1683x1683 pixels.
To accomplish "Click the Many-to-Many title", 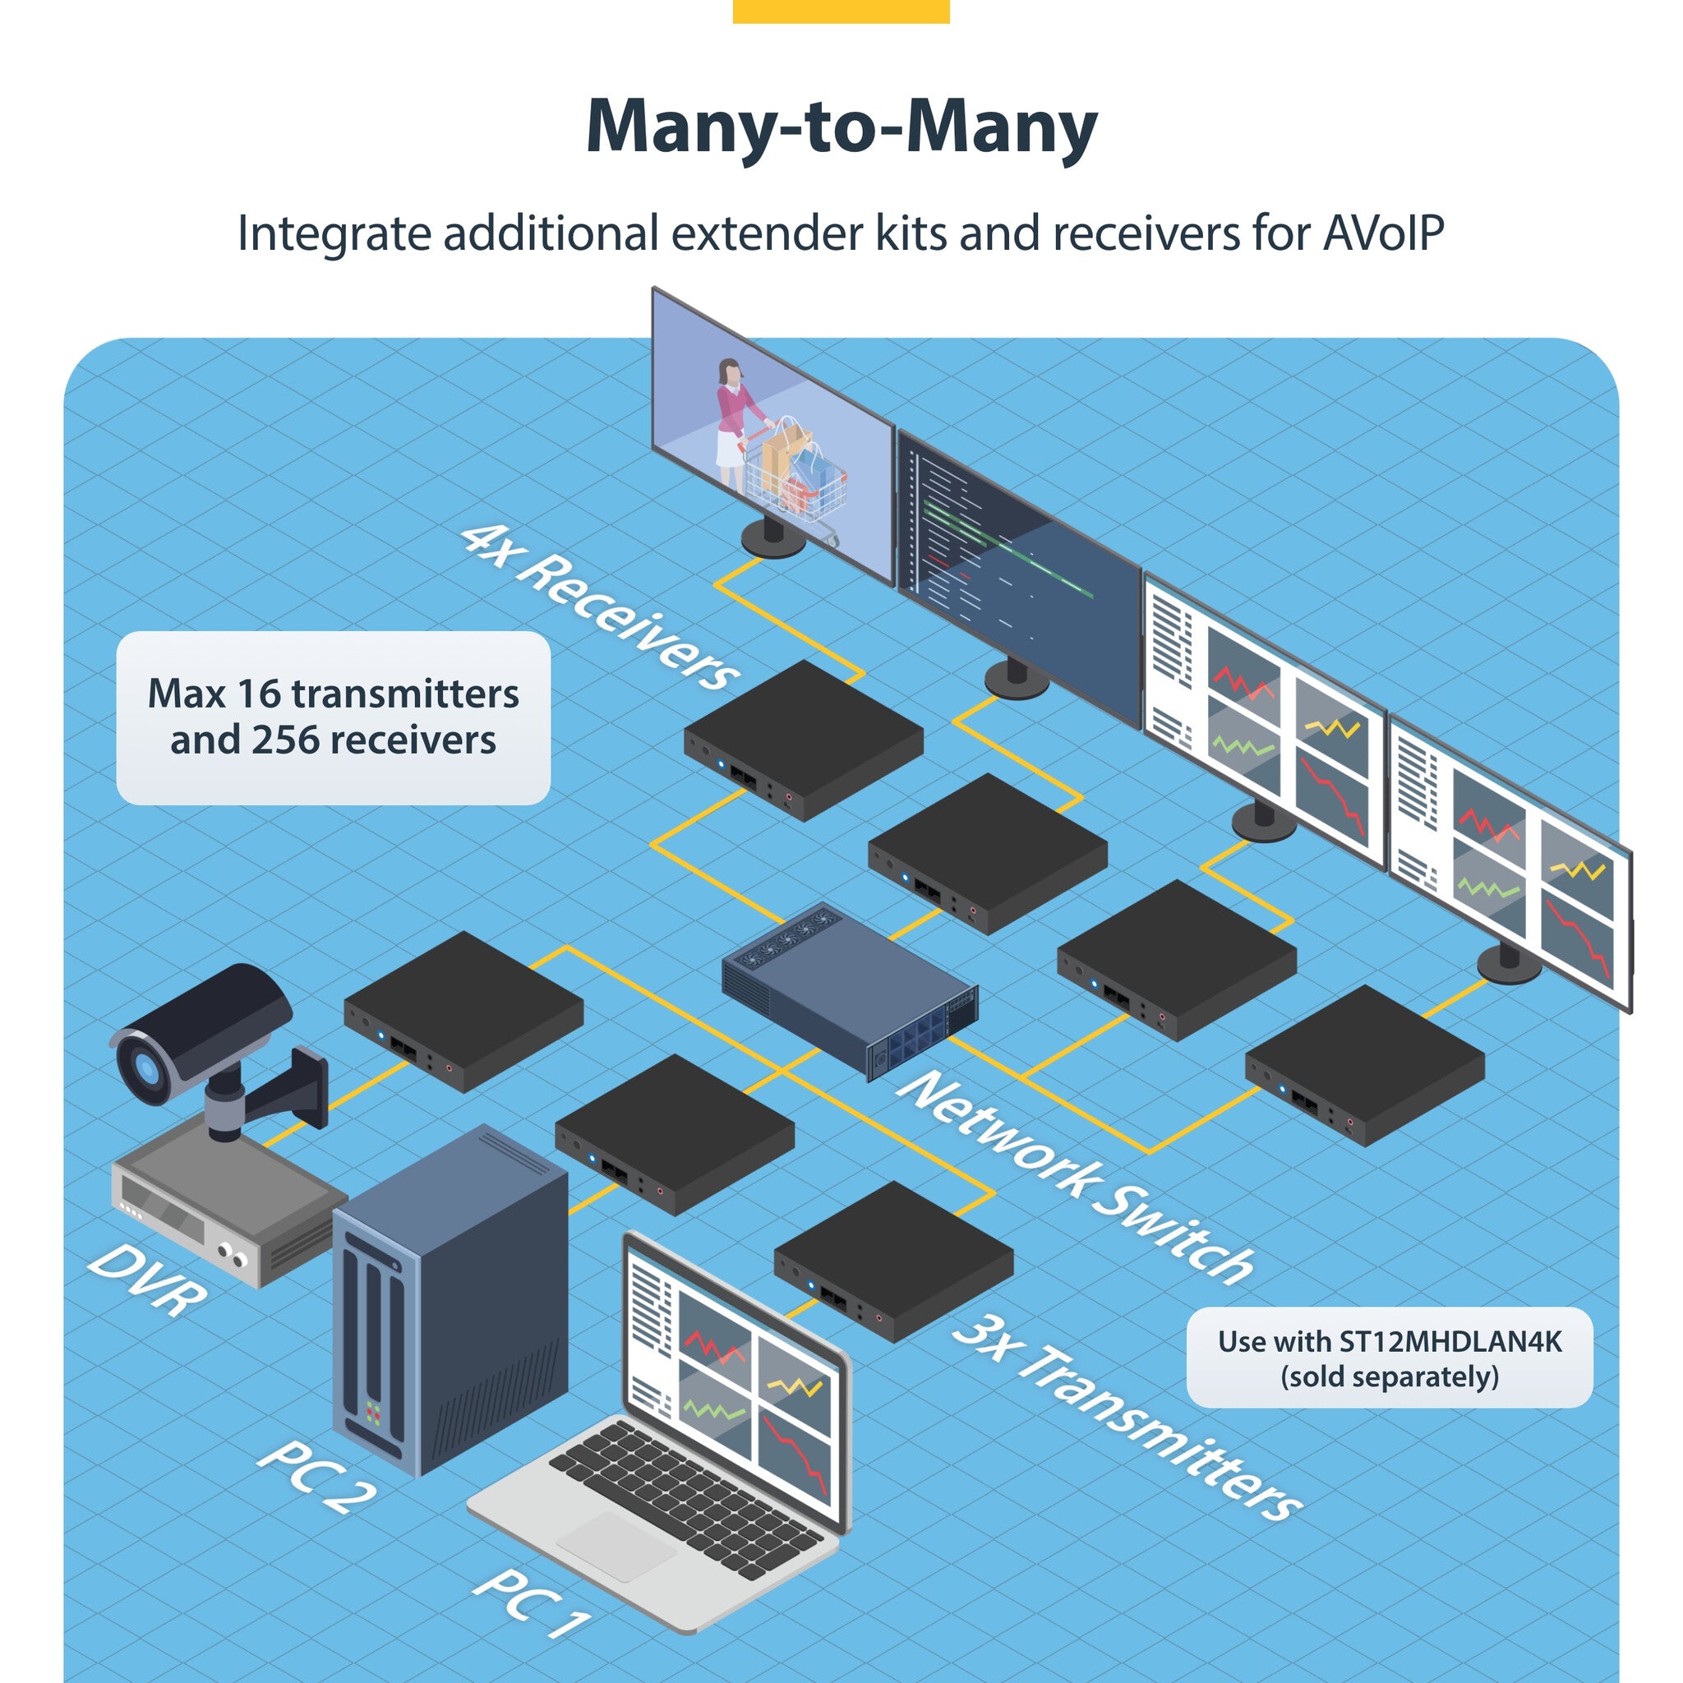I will click(x=841, y=128).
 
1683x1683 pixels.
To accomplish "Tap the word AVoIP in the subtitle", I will click(x=1383, y=233).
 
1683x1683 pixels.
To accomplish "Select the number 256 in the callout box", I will click(x=286, y=740).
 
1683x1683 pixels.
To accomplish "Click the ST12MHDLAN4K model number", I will click(x=1450, y=1341).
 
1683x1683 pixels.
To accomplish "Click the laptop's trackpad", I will click(x=616, y=1547).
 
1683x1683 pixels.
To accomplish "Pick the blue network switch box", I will click(x=850, y=989).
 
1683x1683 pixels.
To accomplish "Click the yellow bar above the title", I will click(x=841, y=11).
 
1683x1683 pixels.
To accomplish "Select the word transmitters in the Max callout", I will click(x=405, y=694).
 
